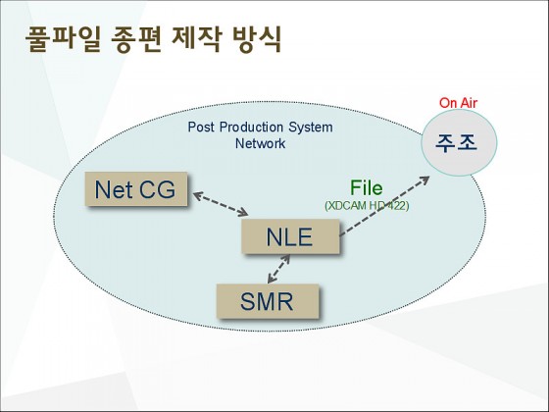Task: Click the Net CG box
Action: coord(136,188)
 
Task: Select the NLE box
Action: coord(290,236)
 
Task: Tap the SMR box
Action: coord(268,301)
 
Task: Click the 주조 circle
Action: coord(459,142)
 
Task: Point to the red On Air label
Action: coord(458,103)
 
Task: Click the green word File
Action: coord(367,187)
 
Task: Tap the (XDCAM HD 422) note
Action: coord(367,205)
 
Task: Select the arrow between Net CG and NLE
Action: coord(221,204)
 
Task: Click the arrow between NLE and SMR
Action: coord(278,269)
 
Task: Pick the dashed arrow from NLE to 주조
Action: coord(384,206)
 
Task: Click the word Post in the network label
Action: coord(201,127)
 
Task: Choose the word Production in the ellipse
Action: coord(251,127)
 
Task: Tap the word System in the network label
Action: coord(311,128)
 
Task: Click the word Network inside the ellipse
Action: coord(260,143)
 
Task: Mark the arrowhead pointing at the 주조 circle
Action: coord(424,180)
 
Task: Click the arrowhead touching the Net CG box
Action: coord(198,195)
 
